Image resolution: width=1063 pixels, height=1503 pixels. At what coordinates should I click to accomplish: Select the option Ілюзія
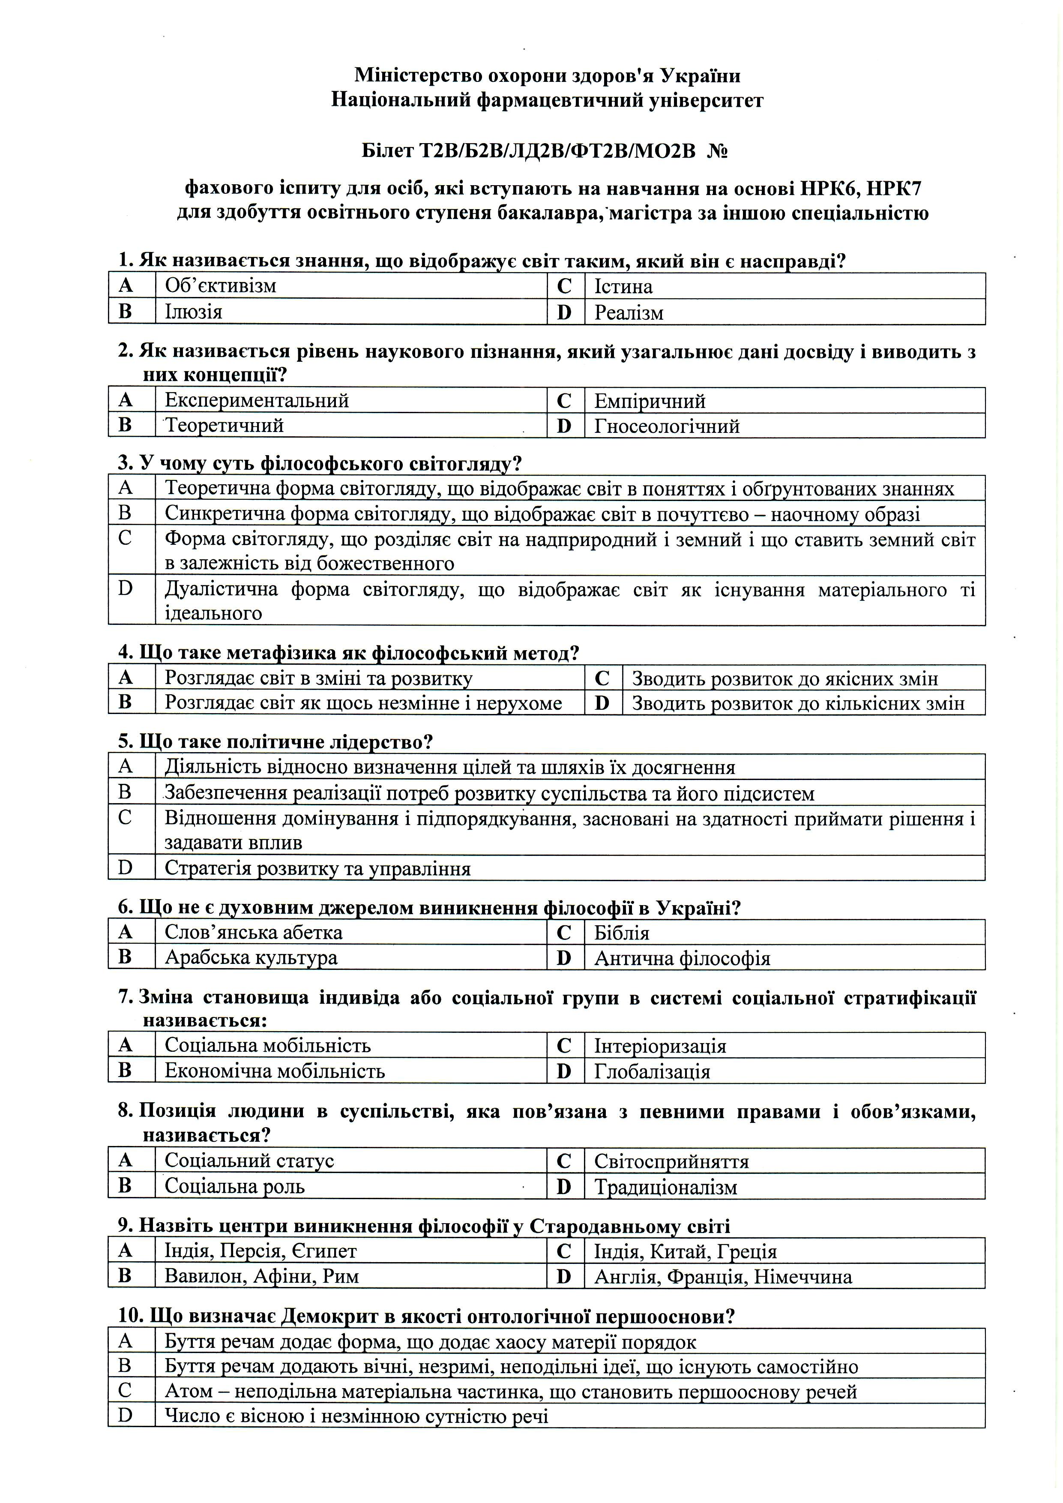point(193,312)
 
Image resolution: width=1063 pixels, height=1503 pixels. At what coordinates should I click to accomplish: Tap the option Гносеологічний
point(666,426)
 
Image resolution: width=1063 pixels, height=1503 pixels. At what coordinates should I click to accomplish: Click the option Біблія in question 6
point(621,933)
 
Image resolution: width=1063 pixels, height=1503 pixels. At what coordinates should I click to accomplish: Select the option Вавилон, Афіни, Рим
point(261,1277)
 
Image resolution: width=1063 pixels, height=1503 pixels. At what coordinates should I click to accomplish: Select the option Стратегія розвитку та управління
point(317,869)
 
